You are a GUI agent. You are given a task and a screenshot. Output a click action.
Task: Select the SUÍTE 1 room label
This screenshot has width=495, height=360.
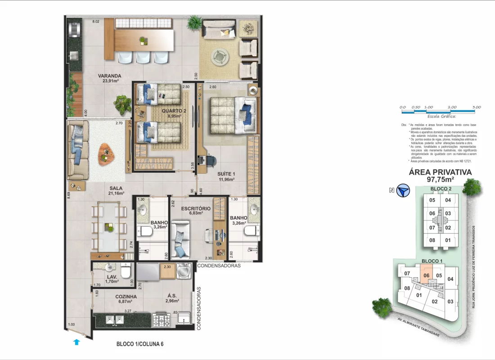[x=227, y=174]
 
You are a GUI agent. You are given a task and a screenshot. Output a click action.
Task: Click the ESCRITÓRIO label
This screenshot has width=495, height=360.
[x=196, y=209]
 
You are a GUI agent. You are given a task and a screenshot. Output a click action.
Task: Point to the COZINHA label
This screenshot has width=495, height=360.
[x=113, y=297]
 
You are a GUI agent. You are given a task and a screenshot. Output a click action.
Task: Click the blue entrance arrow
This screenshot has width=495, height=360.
[x=76, y=342]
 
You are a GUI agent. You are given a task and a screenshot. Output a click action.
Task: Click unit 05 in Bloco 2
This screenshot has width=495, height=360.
[x=432, y=200]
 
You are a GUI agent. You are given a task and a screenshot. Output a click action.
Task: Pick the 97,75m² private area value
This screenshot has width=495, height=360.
[x=440, y=179]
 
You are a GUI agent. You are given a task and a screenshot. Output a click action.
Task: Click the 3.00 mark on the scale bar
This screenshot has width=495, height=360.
[x=477, y=107]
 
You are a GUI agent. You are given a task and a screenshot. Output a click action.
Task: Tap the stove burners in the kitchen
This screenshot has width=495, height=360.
[x=162, y=320]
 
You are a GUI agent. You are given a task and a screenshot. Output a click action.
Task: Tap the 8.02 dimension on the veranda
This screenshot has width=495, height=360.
[x=95, y=21]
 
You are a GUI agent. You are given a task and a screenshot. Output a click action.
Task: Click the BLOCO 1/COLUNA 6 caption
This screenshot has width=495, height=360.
[x=140, y=344]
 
